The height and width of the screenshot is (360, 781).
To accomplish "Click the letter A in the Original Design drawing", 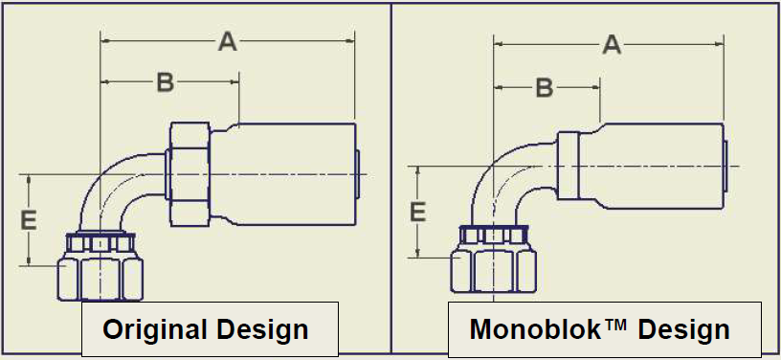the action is coord(228,41).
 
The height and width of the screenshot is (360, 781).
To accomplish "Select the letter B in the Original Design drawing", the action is coord(166,82).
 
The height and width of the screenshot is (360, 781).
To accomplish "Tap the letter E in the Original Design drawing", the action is coord(30,220).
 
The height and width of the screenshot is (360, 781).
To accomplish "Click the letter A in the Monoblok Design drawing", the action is coord(613,45).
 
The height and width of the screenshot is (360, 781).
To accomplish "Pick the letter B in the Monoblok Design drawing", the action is coord(545,88).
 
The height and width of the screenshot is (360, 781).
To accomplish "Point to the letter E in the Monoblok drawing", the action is coord(417,213).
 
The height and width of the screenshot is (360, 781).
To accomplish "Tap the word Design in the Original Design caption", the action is coord(263,329).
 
